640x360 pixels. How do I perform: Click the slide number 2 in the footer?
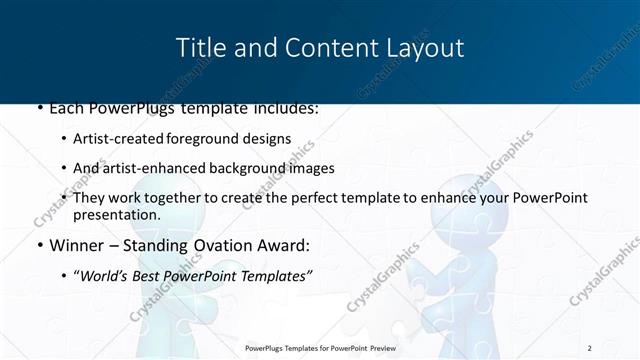[x=590, y=347]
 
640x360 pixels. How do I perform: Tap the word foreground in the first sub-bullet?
[x=219, y=138]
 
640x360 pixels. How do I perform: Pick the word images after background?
[x=312, y=168]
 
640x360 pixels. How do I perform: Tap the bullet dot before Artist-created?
[x=65, y=139]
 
